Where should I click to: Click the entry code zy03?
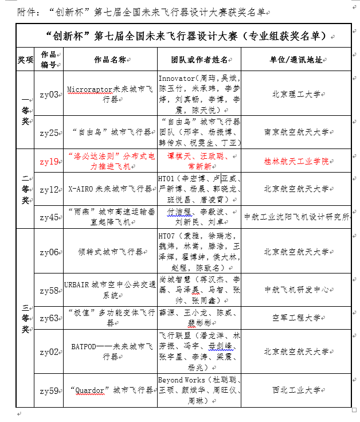(x=49, y=94)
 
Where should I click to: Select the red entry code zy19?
(x=49, y=162)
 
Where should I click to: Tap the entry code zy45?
(x=49, y=217)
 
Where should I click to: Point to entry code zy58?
(x=49, y=290)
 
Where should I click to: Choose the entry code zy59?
(x=49, y=391)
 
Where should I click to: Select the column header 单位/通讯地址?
(x=296, y=60)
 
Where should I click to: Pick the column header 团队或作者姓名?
(x=199, y=60)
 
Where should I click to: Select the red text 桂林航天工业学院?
(x=296, y=162)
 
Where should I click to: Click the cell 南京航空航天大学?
(x=296, y=132)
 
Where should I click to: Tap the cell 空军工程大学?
(x=296, y=317)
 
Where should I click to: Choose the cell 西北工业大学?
(x=296, y=390)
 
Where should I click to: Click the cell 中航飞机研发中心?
(x=296, y=290)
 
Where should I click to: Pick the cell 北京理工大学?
(x=296, y=94)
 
